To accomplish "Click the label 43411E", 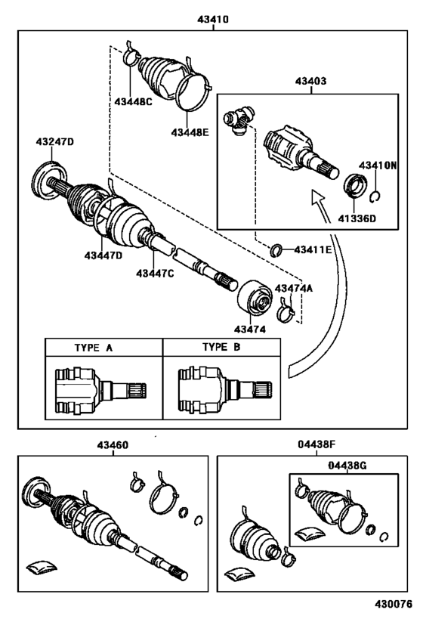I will [x=313, y=249].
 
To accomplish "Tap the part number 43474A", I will [x=292, y=288].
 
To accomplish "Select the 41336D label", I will [x=352, y=220].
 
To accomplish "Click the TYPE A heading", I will [x=94, y=348].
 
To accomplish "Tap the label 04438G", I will [x=347, y=466].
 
